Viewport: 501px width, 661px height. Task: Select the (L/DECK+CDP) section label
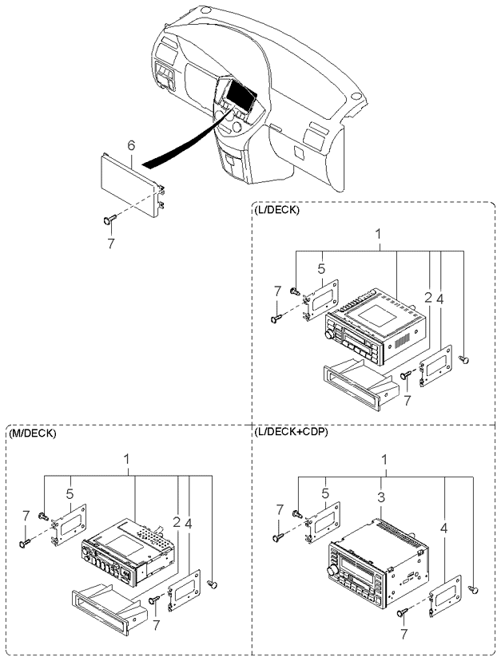[x=291, y=432]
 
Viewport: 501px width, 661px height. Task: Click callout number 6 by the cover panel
[x=131, y=146]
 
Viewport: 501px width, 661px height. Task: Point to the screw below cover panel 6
[x=110, y=220]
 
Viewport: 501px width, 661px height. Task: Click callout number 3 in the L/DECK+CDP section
[x=381, y=497]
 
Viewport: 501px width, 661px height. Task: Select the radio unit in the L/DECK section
[x=375, y=327]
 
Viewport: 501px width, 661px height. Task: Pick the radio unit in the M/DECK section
[x=128, y=552]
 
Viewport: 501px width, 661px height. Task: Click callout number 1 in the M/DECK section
[x=126, y=459]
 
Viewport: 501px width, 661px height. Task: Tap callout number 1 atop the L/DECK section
[x=378, y=233]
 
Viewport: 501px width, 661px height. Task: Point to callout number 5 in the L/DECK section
[x=322, y=268]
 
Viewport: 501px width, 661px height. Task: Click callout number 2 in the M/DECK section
[x=177, y=523]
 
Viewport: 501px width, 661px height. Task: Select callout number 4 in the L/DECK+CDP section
[x=443, y=528]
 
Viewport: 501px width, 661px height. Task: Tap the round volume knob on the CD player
[x=332, y=571]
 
